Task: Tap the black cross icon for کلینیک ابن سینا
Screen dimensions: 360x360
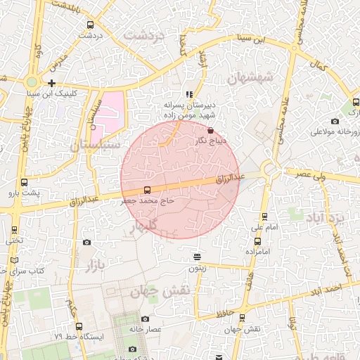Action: tap(52, 83)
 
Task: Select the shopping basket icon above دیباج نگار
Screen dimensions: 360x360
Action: tap(211, 130)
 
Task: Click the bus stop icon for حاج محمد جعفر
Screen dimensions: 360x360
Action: tap(147, 190)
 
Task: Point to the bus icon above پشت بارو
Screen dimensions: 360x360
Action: tap(25, 182)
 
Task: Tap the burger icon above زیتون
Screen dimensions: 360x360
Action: tap(198, 257)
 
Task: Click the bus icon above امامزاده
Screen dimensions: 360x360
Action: tap(257, 240)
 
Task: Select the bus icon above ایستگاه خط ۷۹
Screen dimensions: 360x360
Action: tap(78, 326)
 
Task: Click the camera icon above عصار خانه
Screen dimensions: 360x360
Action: tap(145, 319)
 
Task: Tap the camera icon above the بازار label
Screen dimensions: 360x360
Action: tap(86, 243)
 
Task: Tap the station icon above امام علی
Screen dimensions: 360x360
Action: tap(264, 217)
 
